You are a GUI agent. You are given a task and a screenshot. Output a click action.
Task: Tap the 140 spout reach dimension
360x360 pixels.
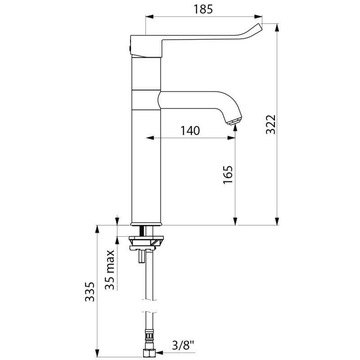190,130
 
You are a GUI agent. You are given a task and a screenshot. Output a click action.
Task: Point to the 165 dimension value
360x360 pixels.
228,175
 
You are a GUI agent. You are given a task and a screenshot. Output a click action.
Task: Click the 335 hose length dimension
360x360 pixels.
90,293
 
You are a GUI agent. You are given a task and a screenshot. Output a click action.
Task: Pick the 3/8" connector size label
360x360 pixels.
183,346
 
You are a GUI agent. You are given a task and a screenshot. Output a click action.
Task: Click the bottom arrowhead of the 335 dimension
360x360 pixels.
97,351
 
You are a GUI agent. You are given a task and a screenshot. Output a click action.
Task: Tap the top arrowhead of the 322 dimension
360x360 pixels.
277,27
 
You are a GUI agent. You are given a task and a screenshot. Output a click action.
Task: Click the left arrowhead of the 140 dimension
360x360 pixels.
149,138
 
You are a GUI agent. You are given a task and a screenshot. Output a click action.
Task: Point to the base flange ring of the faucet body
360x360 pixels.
146,223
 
